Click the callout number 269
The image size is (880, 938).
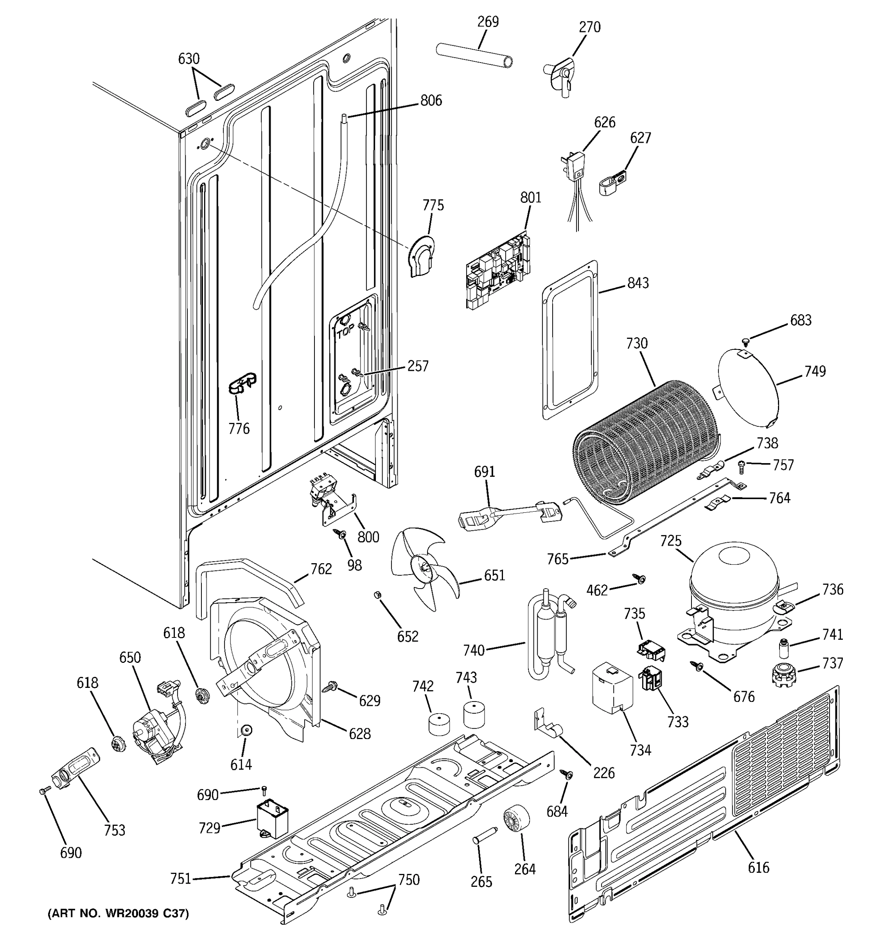488,22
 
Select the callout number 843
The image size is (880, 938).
638,283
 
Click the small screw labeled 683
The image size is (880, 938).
745,340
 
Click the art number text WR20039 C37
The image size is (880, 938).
118,914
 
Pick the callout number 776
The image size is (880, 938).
239,429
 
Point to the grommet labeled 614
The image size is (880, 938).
246,730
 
